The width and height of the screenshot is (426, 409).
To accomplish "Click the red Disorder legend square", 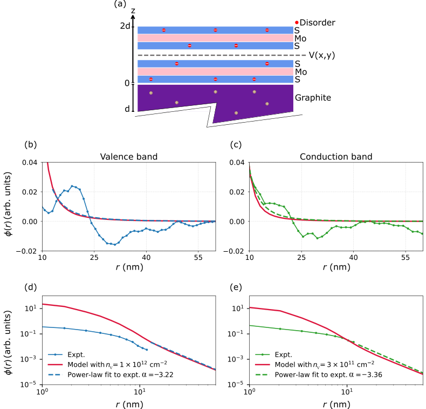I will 297,23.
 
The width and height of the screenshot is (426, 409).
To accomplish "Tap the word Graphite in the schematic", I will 312,98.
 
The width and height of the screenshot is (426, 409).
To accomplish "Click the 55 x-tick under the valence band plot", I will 198,257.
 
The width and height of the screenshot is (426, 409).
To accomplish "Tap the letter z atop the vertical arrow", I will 133,11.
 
